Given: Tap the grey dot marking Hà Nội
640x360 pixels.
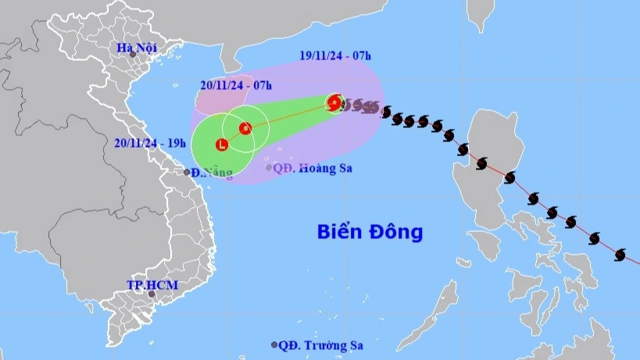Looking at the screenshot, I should click(133, 55).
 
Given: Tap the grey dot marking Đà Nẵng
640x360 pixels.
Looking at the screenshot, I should click(188, 172).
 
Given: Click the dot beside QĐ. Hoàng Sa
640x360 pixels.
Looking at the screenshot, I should click(269, 167).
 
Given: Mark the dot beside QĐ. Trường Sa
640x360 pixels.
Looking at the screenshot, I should click(274, 344).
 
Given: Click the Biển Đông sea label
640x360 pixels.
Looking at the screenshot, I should click(370, 231).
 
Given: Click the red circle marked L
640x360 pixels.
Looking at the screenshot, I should click(223, 144).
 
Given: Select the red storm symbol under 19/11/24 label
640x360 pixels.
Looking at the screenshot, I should click(334, 102).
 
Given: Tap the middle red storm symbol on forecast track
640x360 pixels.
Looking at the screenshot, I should click(245, 128).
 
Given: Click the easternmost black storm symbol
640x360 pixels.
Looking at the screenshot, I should click(620, 255).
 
